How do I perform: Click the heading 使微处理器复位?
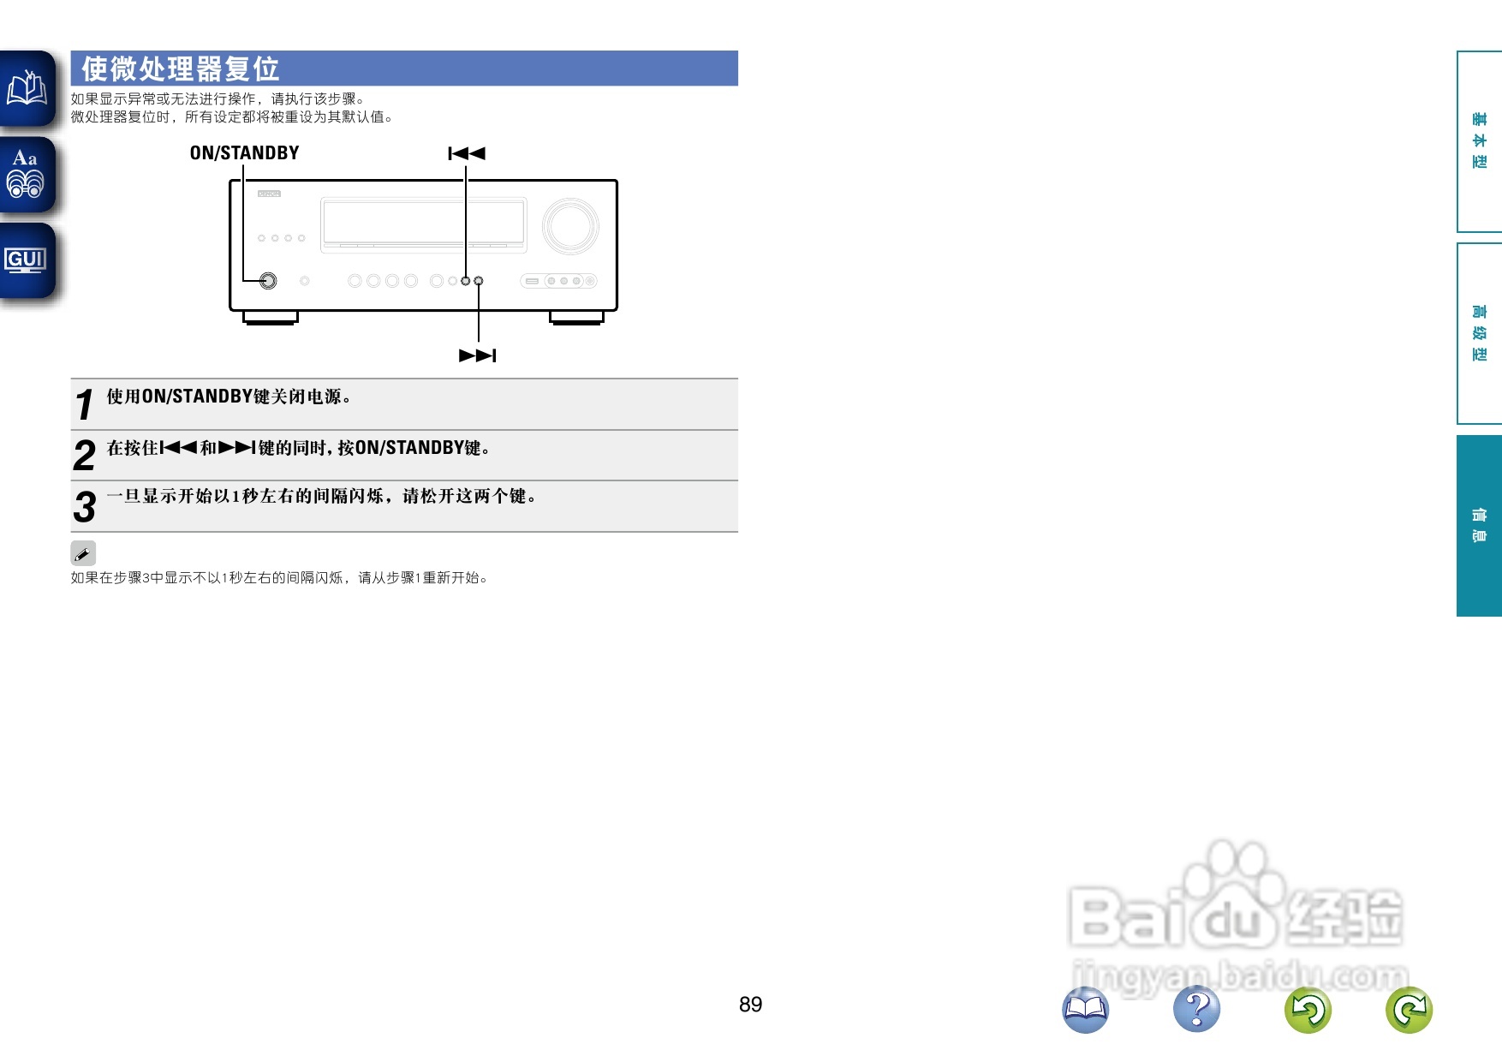click(x=181, y=69)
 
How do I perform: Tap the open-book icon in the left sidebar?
click(x=27, y=88)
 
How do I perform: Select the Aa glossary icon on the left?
click(x=26, y=174)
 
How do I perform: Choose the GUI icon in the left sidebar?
click(x=26, y=260)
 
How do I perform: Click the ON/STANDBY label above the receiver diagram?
click(x=244, y=153)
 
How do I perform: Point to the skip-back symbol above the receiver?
click(x=467, y=153)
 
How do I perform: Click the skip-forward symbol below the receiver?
click(x=478, y=355)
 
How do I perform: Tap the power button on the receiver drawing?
click(x=268, y=281)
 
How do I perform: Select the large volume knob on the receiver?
click(x=570, y=226)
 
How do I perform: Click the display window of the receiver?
click(x=423, y=222)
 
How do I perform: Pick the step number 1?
click(x=84, y=404)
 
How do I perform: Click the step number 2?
click(x=84, y=456)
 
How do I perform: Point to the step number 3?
click(x=84, y=506)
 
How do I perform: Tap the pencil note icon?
click(x=83, y=553)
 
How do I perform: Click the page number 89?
click(x=750, y=1004)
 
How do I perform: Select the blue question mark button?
click(x=1196, y=1009)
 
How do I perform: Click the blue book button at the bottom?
click(x=1085, y=1009)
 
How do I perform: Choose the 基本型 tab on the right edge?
click(x=1479, y=141)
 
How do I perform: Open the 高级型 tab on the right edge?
click(x=1479, y=333)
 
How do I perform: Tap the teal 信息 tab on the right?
click(x=1479, y=526)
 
